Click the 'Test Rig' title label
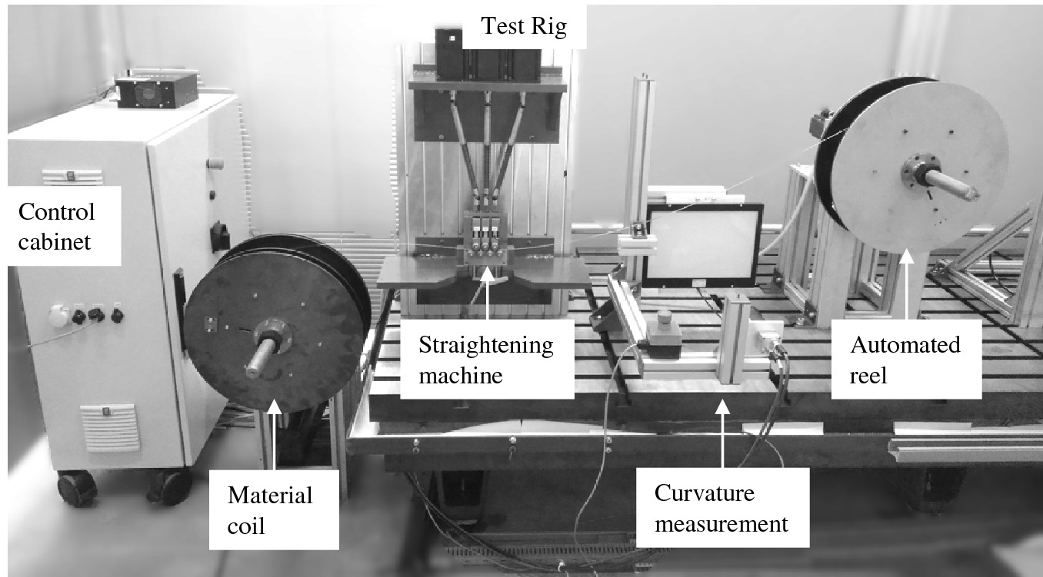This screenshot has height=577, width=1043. pos(523,27)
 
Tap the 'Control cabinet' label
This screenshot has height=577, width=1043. pos(58,227)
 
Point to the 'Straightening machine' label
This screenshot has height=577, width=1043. pos(486,360)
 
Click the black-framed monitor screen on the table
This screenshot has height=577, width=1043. pos(702,244)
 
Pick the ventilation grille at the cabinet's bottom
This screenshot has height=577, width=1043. pos(112,426)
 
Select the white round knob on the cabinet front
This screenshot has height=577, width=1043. pos(56,315)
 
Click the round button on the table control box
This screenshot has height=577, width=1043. pos(662,317)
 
